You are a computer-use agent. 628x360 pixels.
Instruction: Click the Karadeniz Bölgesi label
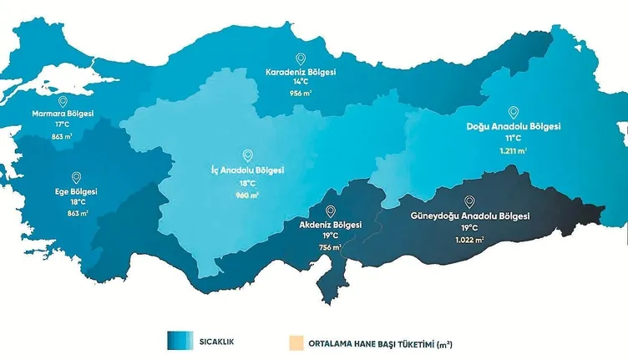pyautogui.click(x=301, y=73)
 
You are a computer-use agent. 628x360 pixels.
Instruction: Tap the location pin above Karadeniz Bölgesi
pyautogui.click(x=301, y=58)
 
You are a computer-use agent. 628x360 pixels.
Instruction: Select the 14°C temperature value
pyautogui.click(x=301, y=84)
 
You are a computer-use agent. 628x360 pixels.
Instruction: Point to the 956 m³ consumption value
pyautogui.click(x=301, y=94)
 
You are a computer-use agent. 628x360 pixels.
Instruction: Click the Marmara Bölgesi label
pyautogui.click(x=63, y=113)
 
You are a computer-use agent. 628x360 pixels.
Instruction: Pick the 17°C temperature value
pyautogui.click(x=63, y=124)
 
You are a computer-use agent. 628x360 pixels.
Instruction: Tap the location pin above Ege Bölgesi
pyautogui.click(x=76, y=177)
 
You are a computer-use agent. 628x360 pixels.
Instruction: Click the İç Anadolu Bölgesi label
pyautogui.click(x=247, y=170)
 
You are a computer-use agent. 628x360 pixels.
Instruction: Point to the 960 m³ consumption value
pyautogui.click(x=247, y=195)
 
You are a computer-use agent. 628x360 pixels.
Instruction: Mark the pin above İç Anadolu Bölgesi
pyautogui.click(x=247, y=155)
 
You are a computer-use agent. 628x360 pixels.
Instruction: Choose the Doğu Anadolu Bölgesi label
pyautogui.click(x=513, y=127)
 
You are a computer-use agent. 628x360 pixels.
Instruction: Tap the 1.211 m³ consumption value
pyautogui.click(x=513, y=151)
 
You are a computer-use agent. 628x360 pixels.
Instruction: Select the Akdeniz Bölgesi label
pyautogui.click(x=330, y=226)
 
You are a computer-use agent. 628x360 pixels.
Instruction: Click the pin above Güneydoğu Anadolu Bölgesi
pyautogui.click(x=469, y=201)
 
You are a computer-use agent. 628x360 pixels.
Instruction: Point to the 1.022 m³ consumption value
pyautogui.click(x=469, y=240)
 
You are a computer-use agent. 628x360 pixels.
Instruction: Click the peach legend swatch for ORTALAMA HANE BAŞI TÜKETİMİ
pyautogui.click(x=295, y=342)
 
